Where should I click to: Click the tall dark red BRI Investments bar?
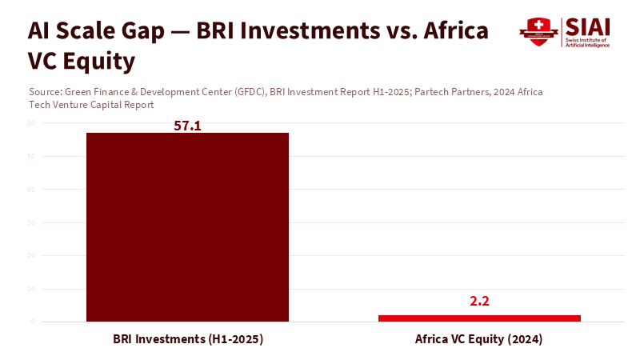tap(187, 227)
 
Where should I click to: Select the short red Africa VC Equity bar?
tap(479, 318)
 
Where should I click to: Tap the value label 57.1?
tap(187, 126)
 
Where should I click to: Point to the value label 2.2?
tap(479, 302)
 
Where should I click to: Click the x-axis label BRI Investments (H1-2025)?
tap(187, 339)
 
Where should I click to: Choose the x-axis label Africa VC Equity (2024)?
tap(479, 339)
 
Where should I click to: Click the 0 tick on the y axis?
tap(31, 322)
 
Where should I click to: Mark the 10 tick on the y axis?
tap(30, 289)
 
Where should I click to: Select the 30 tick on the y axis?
tap(30, 222)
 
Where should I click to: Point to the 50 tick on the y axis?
tap(30, 156)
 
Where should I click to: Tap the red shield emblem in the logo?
tap(534, 32)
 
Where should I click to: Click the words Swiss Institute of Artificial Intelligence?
tap(587, 42)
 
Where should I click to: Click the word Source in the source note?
tap(44, 93)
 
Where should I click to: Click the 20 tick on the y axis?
tap(30, 256)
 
